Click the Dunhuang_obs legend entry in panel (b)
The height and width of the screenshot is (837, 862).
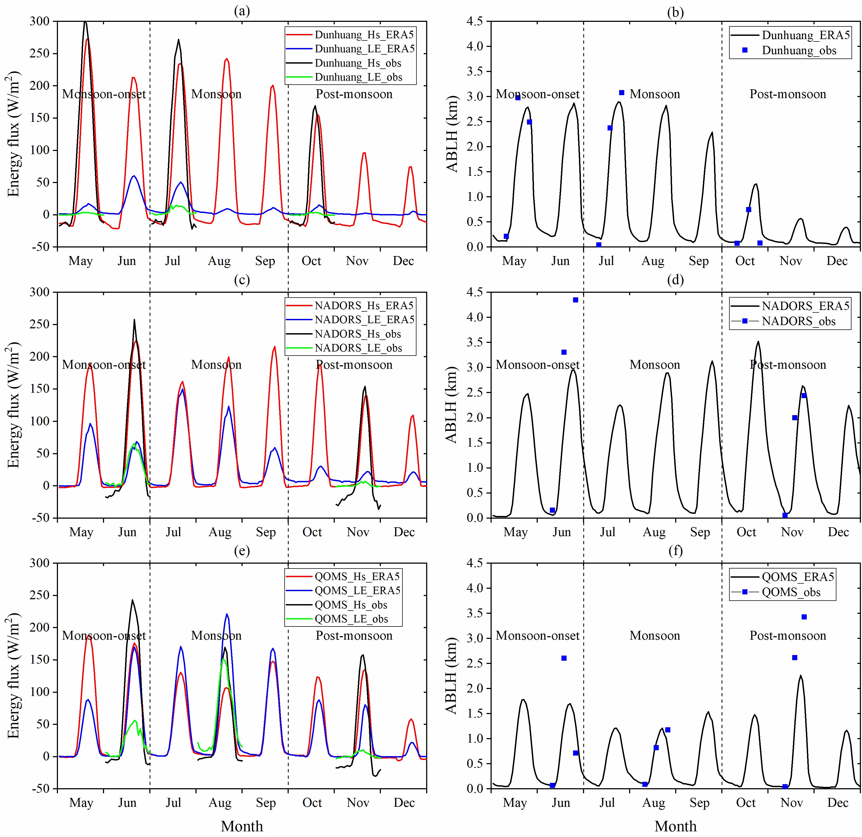(x=799, y=51)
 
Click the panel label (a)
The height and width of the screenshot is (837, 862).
(x=242, y=11)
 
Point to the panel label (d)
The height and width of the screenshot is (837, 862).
(x=675, y=280)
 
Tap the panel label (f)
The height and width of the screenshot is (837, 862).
(x=675, y=551)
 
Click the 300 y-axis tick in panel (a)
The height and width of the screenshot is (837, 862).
(x=40, y=21)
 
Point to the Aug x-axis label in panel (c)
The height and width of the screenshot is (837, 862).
(x=219, y=532)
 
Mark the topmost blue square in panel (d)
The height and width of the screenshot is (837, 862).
(x=575, y=300)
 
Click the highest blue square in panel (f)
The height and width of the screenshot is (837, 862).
(x=804, y=617)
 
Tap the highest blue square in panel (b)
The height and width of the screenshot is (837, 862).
(x=621, y=93)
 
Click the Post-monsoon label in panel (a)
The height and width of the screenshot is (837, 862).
(x=354, y=94)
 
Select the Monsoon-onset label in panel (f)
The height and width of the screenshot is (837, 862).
(x=537, y=636)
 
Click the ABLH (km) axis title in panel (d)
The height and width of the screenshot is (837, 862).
(x=452, y=405)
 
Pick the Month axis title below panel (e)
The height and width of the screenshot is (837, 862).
(x=242, y=826)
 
